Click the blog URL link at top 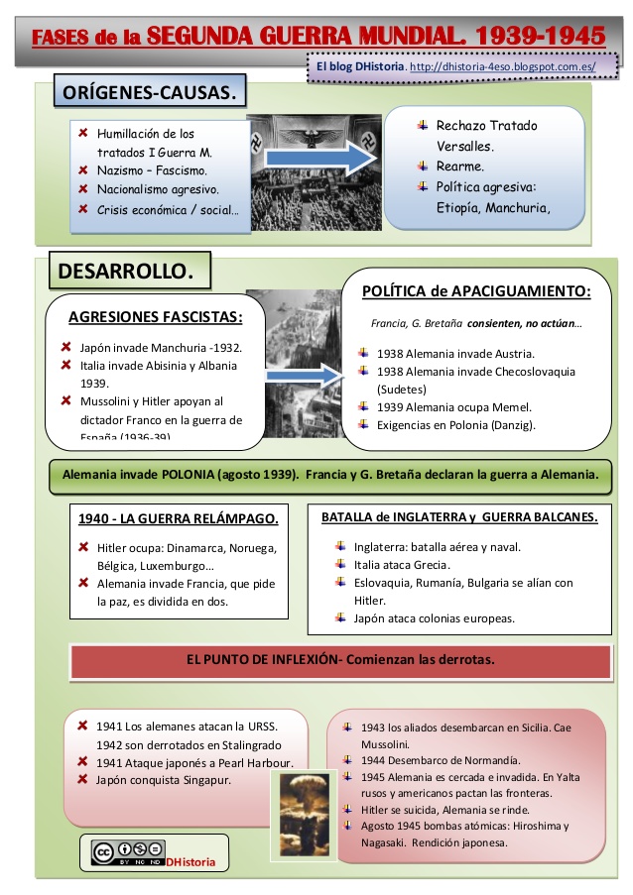[502, 66]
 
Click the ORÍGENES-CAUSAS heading [149, 94]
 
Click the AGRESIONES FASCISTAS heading [155, 317]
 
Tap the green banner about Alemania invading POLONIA [330, 474]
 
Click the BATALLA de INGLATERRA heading [459, 516]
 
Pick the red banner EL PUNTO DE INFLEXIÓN [340, 659]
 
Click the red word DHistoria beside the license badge [190, 862]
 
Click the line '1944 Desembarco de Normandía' [430, 760]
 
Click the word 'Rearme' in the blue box [460, 167]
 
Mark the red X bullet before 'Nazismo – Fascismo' [84, 170]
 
